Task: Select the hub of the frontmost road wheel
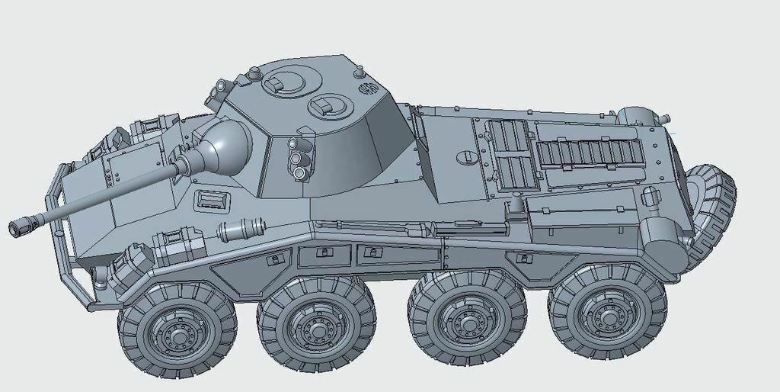click(x=177, y=332)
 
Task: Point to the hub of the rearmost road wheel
click(x=606, y=314)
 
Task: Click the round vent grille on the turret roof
click(x=369, y=88)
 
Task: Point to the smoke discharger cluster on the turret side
click(x=299, y=159)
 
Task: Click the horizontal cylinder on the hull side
click(x=241, y=228)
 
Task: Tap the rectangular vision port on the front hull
click(x=212, y=201)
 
